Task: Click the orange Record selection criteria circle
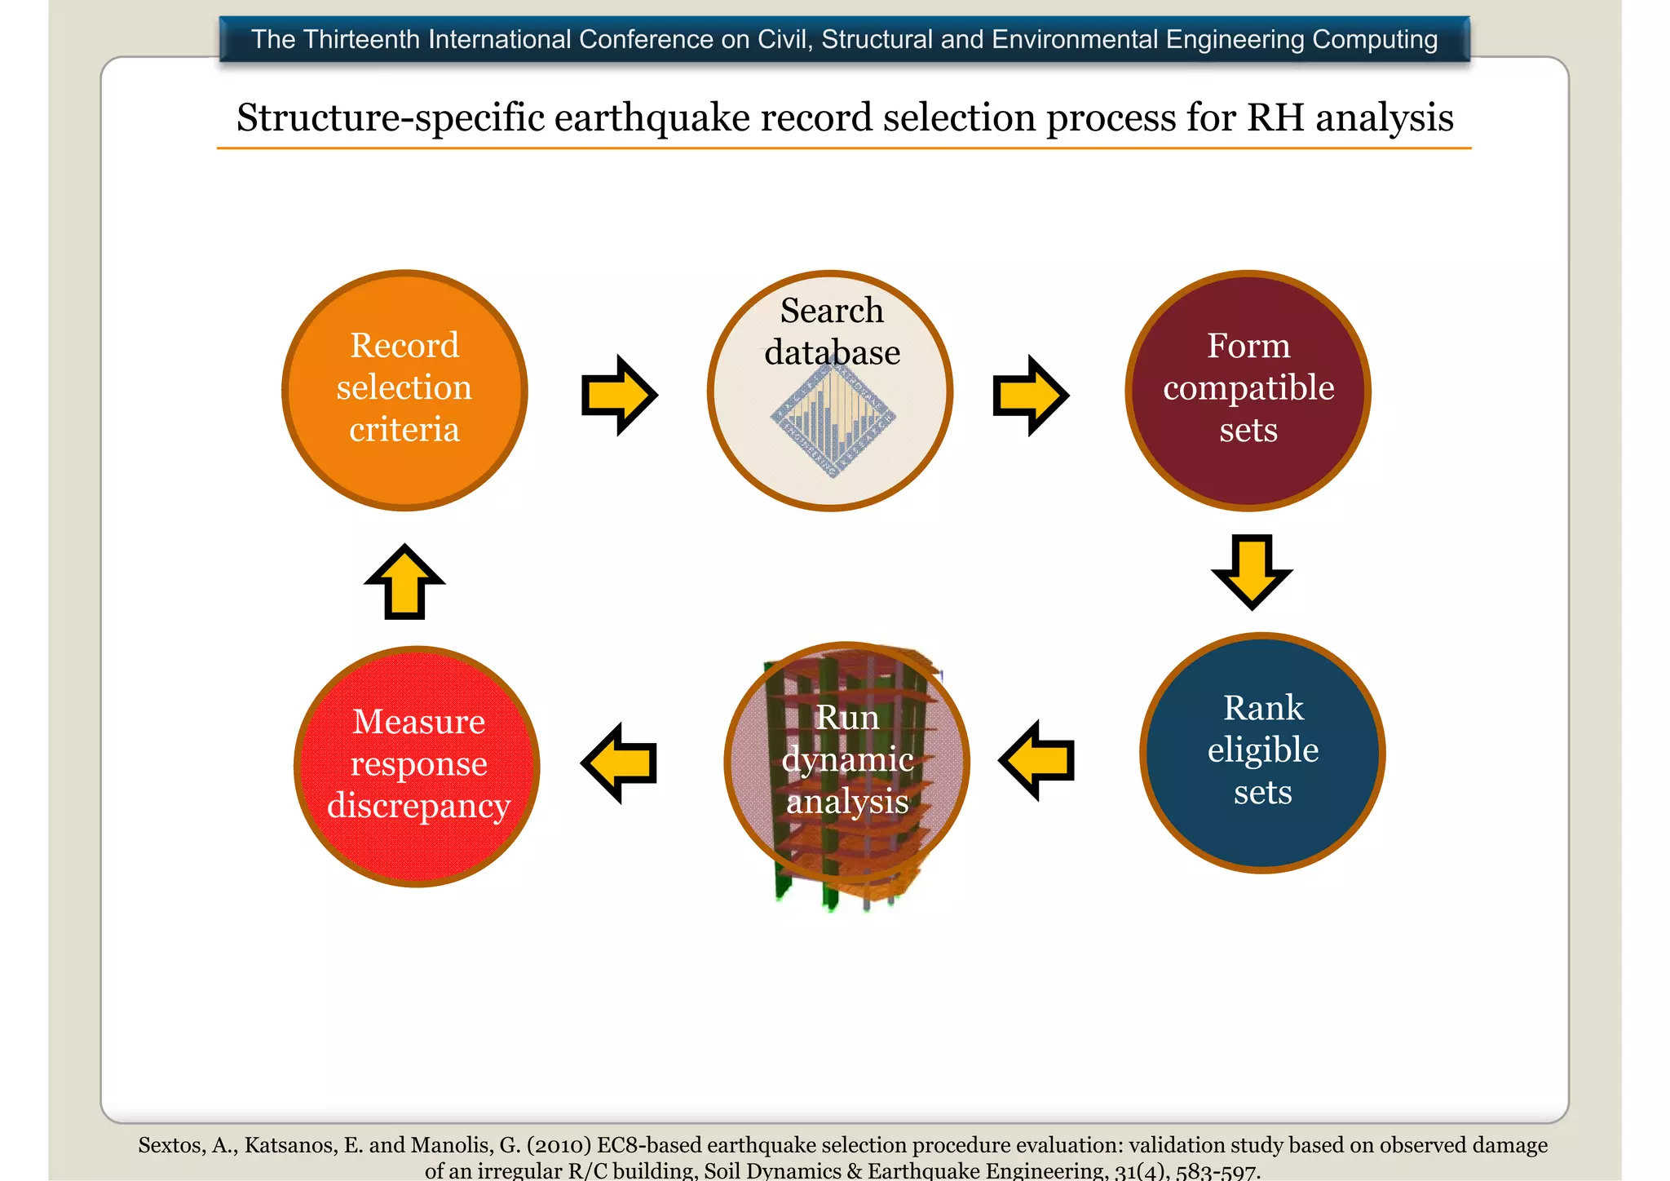point(404,390)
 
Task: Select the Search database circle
point(830,390)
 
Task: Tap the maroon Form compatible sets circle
point(1248,390)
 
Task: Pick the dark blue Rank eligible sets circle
point(1262,752)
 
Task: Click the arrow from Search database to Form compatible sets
point(1030,395)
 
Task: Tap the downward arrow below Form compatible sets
point(1252,571)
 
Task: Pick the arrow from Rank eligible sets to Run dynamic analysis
point(1036,760)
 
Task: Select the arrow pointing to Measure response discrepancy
point(619,763)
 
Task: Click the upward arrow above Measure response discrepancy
point(404,582)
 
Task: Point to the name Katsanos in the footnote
point(289,1145)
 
